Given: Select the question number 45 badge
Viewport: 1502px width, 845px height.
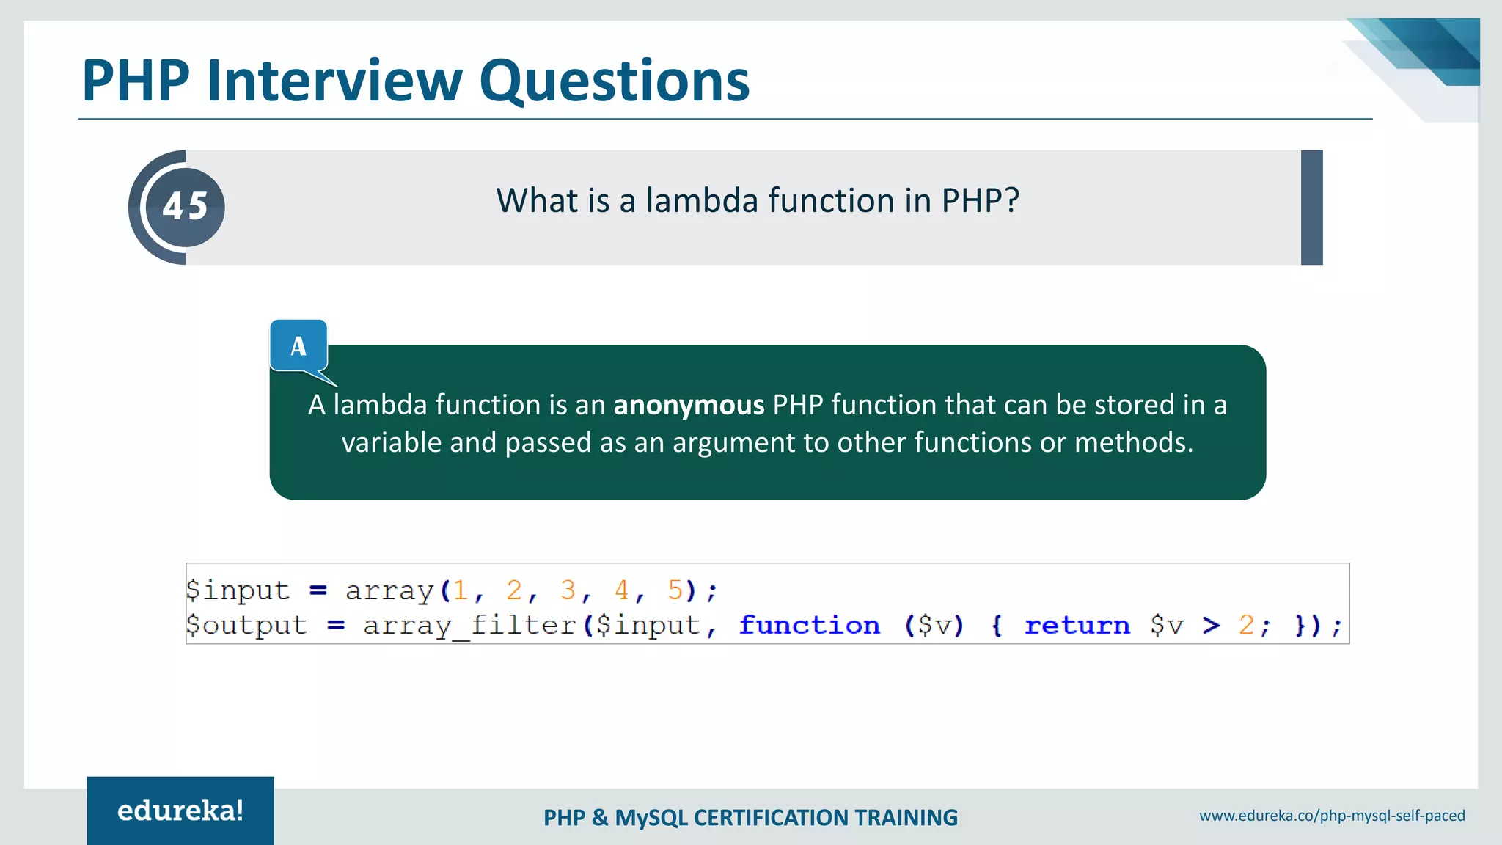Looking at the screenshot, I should tap(185, 207).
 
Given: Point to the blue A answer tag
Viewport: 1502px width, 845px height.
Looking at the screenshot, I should tap(298, 345).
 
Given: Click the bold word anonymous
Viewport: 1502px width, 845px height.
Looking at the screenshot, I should tap(689, 405).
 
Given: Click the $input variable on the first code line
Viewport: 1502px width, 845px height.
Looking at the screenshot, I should tap(238, 590).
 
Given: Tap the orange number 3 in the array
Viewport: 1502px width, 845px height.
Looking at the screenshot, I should tap(568, 590).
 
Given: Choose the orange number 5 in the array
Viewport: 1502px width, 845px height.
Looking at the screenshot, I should tap(675, 590).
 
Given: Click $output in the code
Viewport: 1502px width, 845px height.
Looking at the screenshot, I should tap(246, 625).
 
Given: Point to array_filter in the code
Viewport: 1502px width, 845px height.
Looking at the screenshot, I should tap(469, 625).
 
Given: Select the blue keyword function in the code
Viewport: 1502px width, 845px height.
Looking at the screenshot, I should tap(809, 625).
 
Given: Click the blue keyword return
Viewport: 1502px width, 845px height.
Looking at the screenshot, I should tap(1077, 625).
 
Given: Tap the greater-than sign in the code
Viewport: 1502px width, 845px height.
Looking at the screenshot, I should tap(1212, 625).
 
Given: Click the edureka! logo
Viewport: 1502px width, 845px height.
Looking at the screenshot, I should tap(180, 811).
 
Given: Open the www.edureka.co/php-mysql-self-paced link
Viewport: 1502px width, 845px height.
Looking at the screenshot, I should tap(1332, 816).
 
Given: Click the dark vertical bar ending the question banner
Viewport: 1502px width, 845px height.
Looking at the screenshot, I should tap(1311, 208).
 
